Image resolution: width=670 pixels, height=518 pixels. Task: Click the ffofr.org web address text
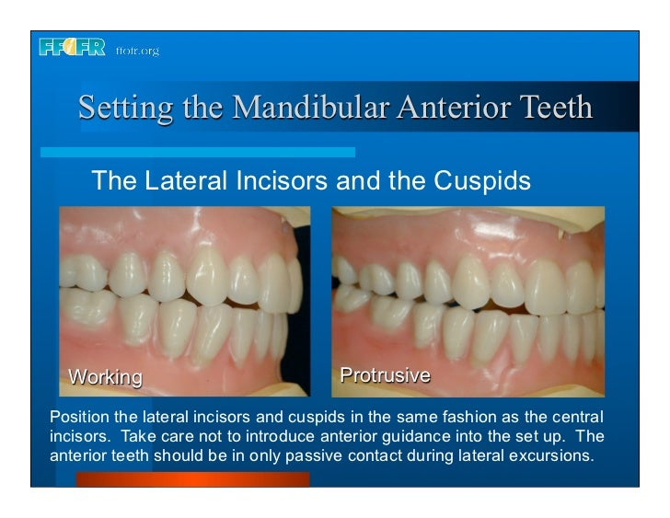point(137,51)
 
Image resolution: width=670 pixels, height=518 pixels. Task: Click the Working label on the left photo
point(107,376)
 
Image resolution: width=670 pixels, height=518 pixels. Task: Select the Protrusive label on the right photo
point(386,374)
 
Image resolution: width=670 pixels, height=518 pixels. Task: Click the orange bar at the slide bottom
point(192,478)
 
